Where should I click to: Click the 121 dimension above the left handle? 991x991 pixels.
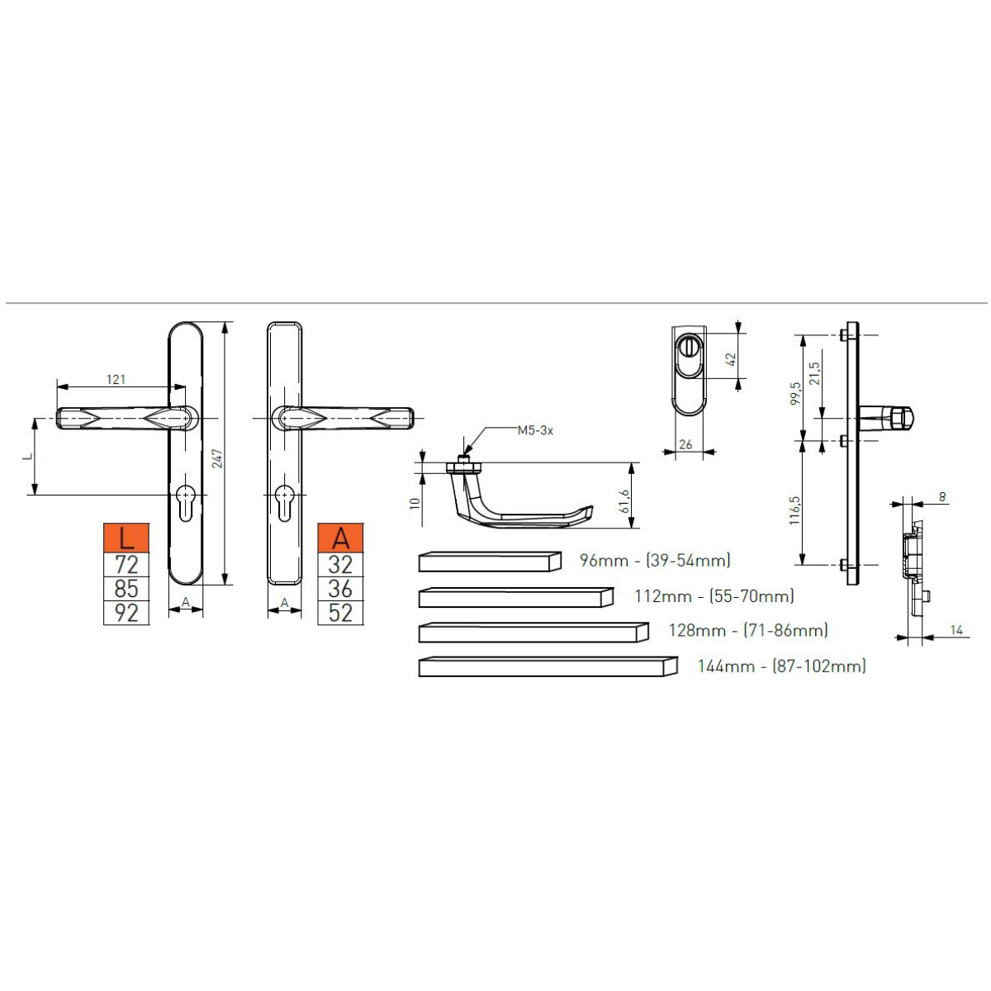(116, 379)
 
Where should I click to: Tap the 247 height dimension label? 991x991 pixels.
(217, 458)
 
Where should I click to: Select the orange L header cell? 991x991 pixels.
(126, 538)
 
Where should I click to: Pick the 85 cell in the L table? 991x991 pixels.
(126, 588)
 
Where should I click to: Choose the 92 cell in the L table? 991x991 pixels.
(126, 613)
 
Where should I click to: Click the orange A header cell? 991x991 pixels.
(340, 538)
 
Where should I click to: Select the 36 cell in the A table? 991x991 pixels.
(340, 588)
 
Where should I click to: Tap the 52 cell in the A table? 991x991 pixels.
(340, 613)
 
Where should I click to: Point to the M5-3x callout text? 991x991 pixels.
(535, 430)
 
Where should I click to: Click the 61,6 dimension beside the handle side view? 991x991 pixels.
(624, 501)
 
